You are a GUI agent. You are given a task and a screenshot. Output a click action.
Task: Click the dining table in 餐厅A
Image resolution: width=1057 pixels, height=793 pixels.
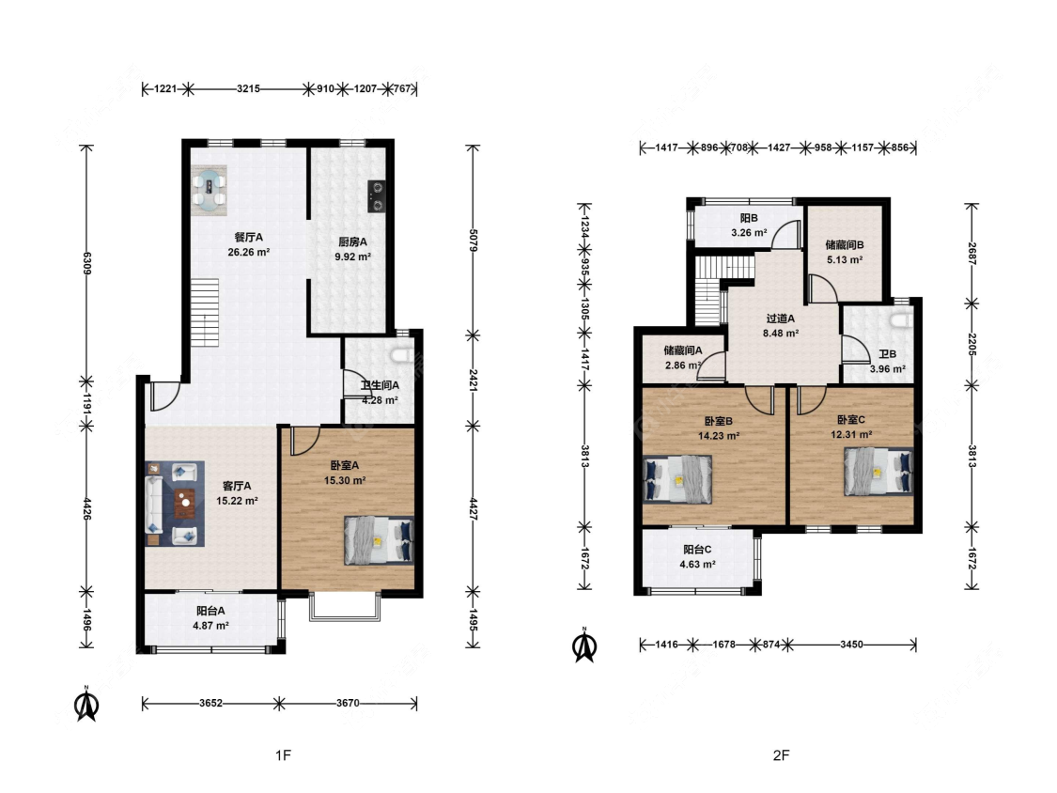coord(209,190)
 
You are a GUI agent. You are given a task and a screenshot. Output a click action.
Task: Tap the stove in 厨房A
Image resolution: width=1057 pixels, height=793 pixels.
coord(377,196)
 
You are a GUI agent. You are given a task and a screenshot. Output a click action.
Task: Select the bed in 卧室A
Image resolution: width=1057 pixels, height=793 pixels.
coord(379,540)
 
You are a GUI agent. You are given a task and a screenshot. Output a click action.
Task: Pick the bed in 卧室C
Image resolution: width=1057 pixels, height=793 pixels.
coord(878,472)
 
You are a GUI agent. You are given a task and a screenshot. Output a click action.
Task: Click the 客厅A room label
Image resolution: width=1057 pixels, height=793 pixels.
coord(237,486)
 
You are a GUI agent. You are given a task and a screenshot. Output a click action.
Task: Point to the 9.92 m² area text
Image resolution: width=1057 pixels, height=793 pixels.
coord(352,257)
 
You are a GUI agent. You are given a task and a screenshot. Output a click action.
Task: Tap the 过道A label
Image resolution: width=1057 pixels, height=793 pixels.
coord(780,319)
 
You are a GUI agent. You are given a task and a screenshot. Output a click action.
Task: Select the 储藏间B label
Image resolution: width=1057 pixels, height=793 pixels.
coord(845,245)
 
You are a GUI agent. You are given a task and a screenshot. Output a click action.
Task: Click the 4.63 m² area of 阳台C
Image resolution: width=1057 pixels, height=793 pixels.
coord(698,565)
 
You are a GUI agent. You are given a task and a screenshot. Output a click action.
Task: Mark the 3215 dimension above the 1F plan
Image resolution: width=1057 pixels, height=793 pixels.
coord(248,88)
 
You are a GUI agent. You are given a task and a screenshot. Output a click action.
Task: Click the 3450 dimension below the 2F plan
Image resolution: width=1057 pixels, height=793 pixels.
coord(851,645)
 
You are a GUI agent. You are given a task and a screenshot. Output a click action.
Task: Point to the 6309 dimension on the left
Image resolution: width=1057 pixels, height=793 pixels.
coord(86,262)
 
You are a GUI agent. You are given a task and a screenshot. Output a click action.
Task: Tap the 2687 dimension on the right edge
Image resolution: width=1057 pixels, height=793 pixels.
coord(972,254)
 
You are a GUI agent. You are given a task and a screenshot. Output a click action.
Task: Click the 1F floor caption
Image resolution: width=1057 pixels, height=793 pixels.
coord(283,755)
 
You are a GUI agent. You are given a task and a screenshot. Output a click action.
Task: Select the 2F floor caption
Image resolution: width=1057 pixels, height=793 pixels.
coord(781,755)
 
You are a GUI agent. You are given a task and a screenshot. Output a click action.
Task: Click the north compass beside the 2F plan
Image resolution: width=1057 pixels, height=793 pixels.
coord(584,645)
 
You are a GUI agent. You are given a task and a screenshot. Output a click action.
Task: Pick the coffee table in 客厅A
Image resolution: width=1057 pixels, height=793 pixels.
coord(185,503)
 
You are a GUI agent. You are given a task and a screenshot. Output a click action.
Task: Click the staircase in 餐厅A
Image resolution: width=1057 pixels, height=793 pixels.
coord(204,312)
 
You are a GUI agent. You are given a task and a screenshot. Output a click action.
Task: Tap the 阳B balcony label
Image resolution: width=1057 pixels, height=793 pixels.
coord(749,218)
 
